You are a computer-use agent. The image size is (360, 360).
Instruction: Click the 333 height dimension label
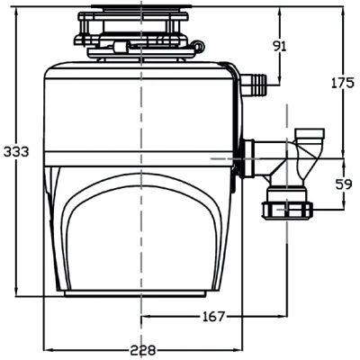tap(16, 152)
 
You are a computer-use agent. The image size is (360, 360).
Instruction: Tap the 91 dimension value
tap(280, 47)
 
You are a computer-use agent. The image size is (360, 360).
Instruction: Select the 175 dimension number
tap(343, 83)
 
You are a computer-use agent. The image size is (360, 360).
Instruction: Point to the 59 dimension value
tap(344, 184)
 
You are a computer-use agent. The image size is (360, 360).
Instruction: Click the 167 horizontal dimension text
tap(213, 317)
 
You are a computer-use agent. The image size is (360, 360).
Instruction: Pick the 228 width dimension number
tap(143, 350)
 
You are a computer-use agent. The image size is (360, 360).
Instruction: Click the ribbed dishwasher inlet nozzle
tap(255, 85)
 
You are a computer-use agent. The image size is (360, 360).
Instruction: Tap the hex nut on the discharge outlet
tap(287, 211)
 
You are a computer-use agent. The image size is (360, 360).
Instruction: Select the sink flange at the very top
tap(141, 5)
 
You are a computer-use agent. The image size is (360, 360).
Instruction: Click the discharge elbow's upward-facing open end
tap(310, 133)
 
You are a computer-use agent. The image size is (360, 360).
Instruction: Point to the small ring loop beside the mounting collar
tap(199, 46)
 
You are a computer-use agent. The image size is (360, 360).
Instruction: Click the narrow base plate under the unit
tap(135, 293)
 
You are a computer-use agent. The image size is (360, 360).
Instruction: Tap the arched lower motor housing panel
tap(141, 232)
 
